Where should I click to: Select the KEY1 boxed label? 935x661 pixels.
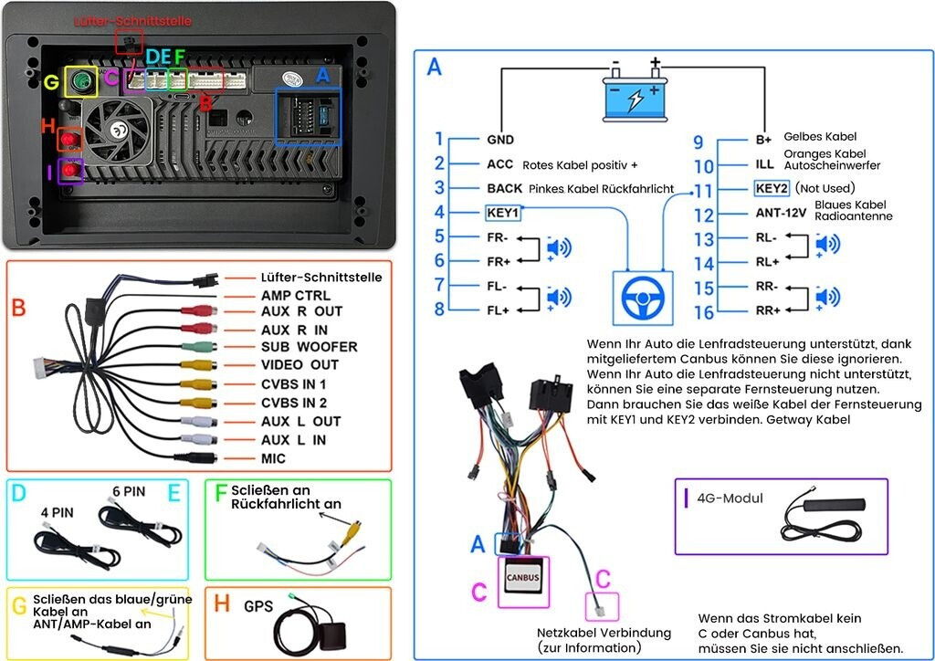(x=503, y=213)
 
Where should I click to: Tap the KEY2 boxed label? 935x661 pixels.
(x=771, y=189)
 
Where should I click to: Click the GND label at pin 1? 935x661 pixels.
(x=500, y=141)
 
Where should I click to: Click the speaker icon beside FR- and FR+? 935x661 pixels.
(x=559, y=248)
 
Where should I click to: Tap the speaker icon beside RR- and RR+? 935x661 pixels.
(x=827, y=298)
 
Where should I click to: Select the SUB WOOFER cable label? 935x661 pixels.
(x=309, y=347)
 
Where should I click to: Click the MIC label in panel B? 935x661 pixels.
(x=273, y=458)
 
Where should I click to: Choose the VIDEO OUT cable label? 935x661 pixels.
(x=300, y=365)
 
